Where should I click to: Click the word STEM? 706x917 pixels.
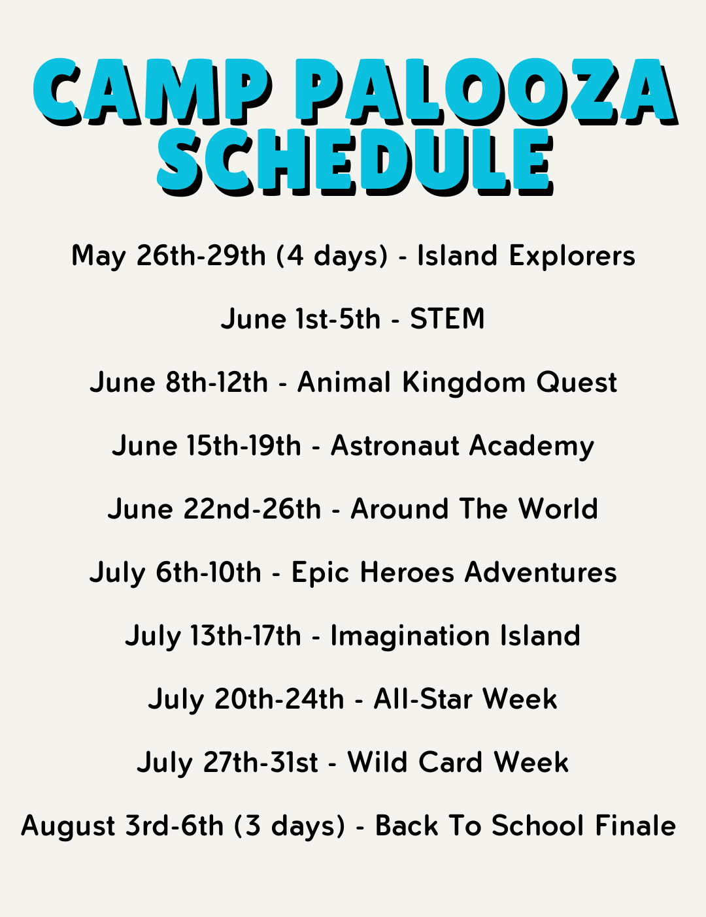[447, 319]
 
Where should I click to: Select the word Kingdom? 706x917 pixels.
[463, 382]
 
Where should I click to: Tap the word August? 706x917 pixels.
[69, 827]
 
